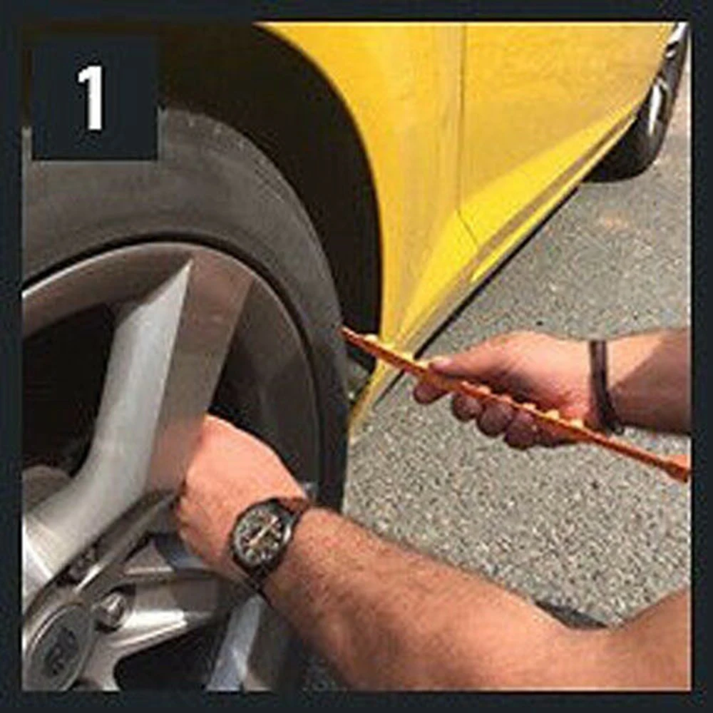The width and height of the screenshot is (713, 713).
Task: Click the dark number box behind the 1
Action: pyautogui.click(x=95, y=98)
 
